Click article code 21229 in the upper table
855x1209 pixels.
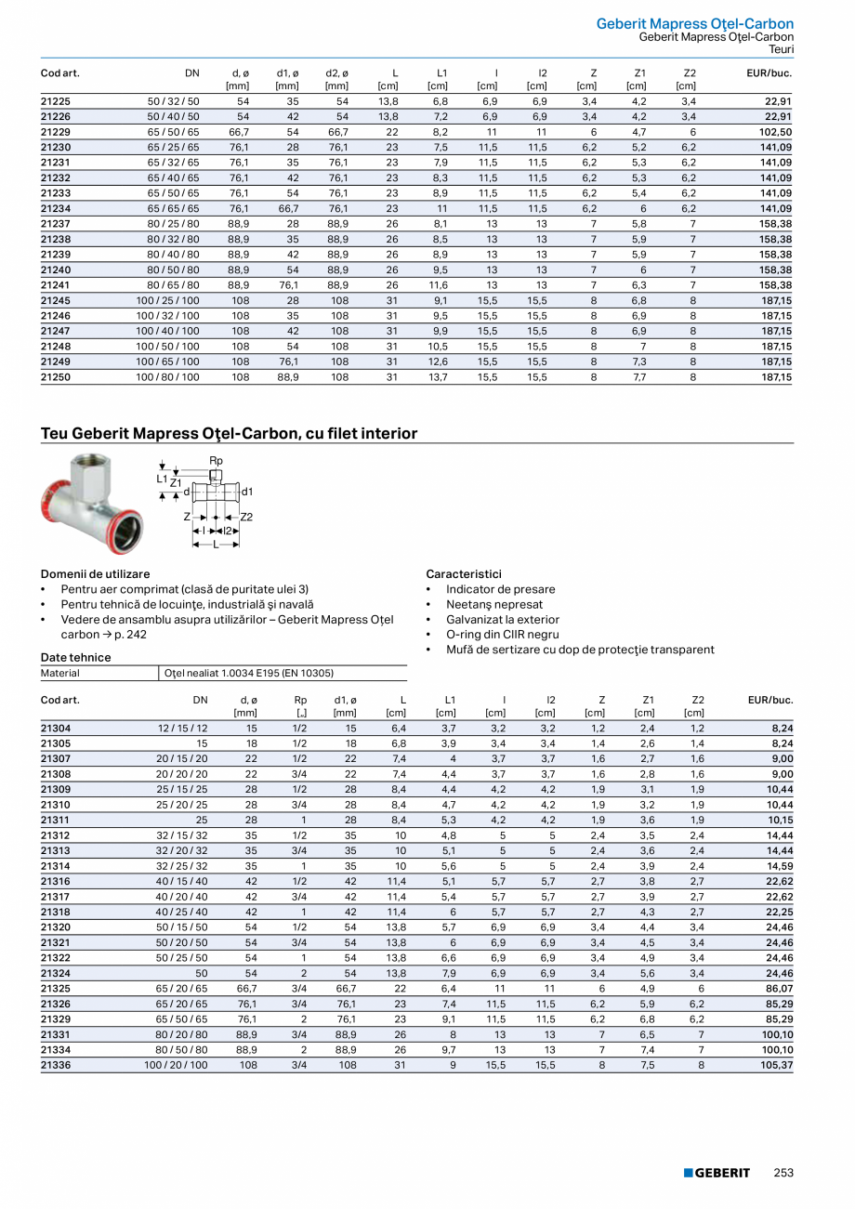point(56,132)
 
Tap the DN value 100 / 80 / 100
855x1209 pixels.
point(167,377)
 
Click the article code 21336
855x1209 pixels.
point(56,1065)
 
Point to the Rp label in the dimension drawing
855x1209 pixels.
point(216,461)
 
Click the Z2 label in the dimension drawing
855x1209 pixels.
point(246,516)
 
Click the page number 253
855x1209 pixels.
point(783,1173)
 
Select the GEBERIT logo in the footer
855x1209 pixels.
point(717,1173)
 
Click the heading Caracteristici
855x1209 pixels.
point(464,574)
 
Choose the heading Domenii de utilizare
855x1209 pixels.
point(95,574)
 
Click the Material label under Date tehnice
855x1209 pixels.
point(60,673)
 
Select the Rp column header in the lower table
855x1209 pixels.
point(300,700)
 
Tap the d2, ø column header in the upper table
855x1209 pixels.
point(336,72)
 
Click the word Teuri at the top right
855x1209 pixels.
point(781,49)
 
